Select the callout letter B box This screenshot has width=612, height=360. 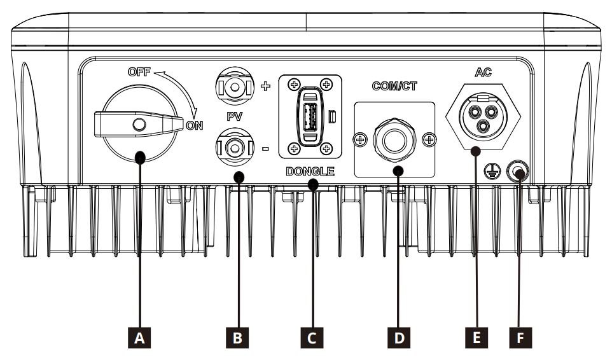(237, 338)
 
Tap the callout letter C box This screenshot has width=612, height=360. (312, 338)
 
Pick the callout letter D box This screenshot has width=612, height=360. (399, 338)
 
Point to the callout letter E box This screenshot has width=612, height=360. (475, 338)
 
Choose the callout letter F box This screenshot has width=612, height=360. (520, 338)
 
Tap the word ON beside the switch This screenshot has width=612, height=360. (195, 125)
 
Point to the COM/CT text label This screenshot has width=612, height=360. (394, 87)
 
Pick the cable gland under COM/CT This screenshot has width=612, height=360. (395, 138)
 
